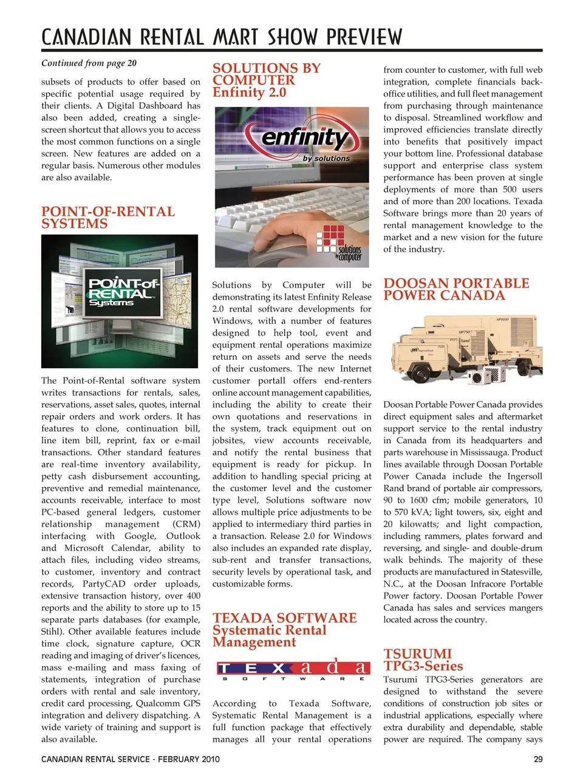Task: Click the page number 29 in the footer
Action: pyautogui.click(x=538, y=759)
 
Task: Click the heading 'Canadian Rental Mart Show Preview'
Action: pyautogui.click(x=222, y=36)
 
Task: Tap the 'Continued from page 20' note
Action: pyautogui.click(x=89, y=63)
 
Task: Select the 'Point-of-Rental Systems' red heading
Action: pyautogui.click(x=107, y=218)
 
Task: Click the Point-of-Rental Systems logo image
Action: pyautogui.click(x=120, y=301)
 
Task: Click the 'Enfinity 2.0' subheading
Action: pyautogui.click(x=249, y=92)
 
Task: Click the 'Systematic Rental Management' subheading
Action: pyautogui.click(x=270, y=636)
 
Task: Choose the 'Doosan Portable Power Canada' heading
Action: pyautogui.click(x=456, y=289)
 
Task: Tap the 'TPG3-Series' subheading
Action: pyautogui.click(x=423, y=666)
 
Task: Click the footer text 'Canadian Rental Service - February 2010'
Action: pyautogui.click(x=131, y=759)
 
